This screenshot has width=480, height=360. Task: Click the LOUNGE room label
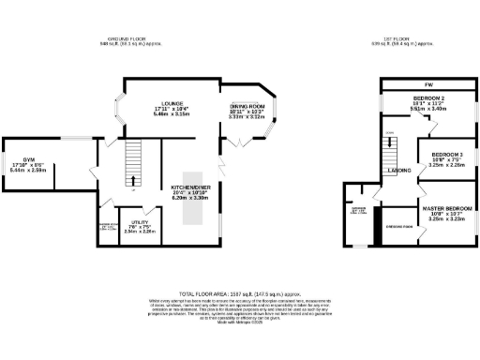click(x=170, y=103)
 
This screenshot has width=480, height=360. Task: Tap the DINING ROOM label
click(x=248, y=107)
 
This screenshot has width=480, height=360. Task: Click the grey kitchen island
click(x=191, y=199)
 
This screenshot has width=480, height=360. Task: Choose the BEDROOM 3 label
click(x=447, y=153)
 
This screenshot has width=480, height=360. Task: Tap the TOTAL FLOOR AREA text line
click(x=240, y=292)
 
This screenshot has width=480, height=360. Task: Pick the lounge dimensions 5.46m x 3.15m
click(x=170, y=114)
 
